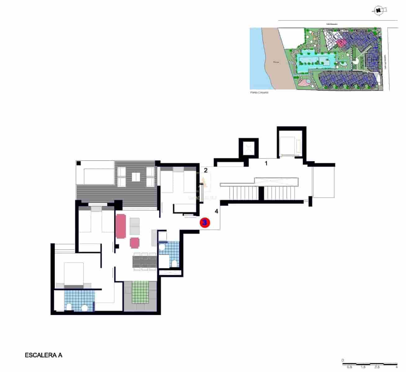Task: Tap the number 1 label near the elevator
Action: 266,163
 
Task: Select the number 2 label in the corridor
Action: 205,170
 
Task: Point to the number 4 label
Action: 217,211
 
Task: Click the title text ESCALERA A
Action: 43,355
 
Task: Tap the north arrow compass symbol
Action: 378,10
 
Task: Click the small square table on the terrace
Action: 136,177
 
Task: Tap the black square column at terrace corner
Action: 79,163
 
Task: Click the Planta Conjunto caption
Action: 259,92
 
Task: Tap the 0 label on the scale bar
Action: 343,360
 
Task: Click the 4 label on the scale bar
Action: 397,367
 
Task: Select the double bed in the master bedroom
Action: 74,273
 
